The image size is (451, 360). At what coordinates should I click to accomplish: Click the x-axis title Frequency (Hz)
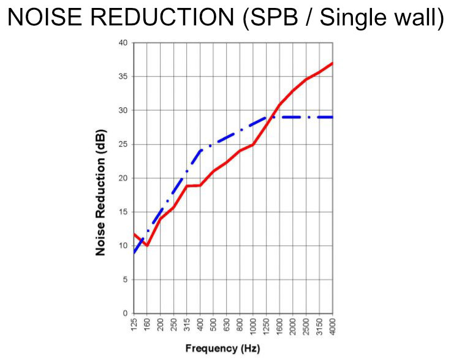[222, 348]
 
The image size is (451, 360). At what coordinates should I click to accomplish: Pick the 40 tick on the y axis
[123, 43]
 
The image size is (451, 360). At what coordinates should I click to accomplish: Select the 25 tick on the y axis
[123, 145]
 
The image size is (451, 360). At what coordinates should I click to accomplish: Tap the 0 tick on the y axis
[125, 313]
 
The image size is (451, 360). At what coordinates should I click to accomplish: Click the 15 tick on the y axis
[123, 212]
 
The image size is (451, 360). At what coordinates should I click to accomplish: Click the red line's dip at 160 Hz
[147, 246]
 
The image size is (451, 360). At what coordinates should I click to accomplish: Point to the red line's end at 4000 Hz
[332, 63]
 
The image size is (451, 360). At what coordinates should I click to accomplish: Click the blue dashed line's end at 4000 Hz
[332, 117]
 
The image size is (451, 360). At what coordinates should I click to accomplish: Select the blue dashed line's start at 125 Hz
[134, 253]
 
